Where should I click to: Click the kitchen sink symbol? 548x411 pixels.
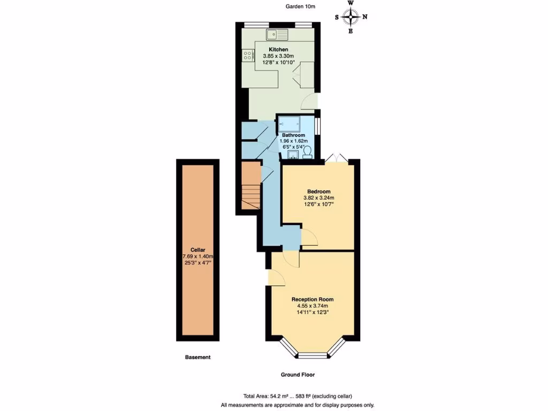pos(277,35)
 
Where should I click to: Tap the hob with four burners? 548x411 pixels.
pos(248,55)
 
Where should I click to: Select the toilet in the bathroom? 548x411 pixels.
pos(307,154)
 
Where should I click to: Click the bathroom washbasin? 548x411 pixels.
pos(292,155)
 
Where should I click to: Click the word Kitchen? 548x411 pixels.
pos(278,49)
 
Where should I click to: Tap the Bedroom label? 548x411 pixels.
pos(318,191)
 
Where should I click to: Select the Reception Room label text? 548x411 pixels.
pos(313,299)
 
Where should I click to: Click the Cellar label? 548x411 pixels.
pos(197,249)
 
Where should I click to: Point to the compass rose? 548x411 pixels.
pos(351,17)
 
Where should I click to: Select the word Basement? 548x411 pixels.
pos(197,357)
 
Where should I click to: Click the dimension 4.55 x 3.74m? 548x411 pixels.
pos(313,306)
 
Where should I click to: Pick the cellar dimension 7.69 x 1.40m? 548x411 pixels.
pos(198,256)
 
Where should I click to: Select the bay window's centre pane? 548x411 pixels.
pos(313,355)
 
